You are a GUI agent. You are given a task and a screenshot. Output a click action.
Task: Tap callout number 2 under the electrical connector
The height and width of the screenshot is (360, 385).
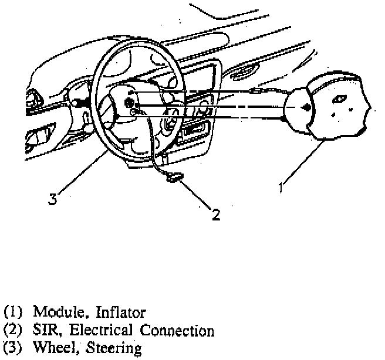tap(215, 215)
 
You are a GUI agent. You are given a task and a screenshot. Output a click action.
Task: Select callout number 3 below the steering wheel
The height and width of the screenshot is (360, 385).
tap(53, 199)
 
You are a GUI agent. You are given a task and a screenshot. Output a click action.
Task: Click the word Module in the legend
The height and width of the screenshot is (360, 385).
tap(53, 311)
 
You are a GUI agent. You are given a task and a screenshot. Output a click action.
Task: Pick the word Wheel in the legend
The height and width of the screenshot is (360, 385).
tap(52, 348)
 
